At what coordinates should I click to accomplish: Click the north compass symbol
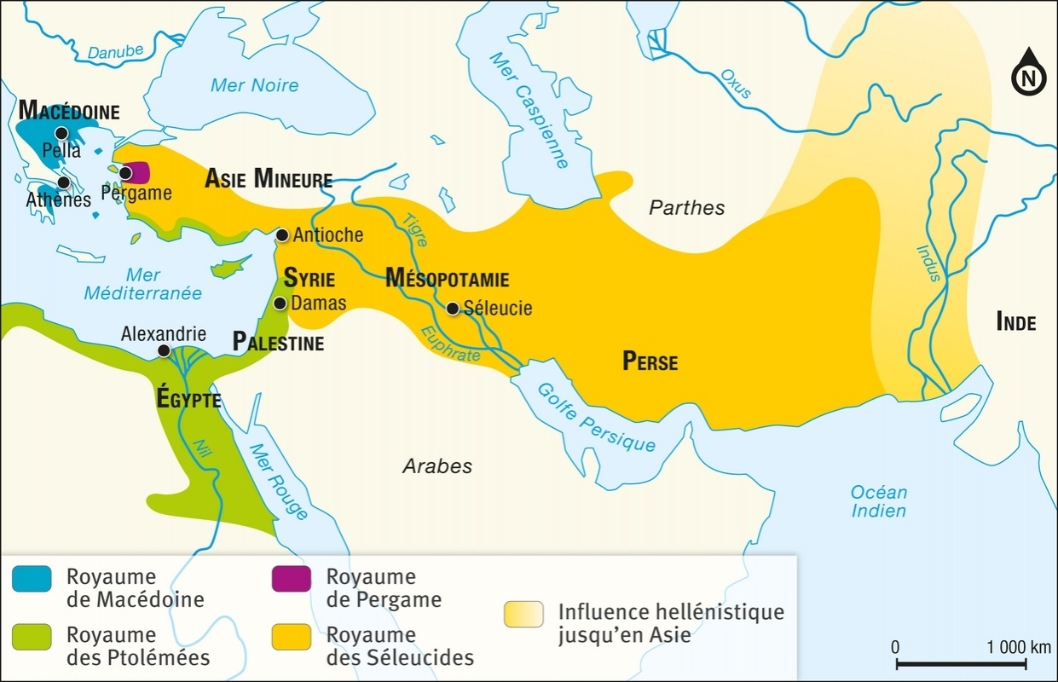(1028, 76)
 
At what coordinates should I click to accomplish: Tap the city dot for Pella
(61, 133)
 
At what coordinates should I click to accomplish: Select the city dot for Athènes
(63, 183)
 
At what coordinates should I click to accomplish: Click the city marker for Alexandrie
(163, 350)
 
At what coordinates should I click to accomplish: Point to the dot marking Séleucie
(453, 309)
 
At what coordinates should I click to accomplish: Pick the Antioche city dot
(282, 234)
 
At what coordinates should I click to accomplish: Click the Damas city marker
(280, 303)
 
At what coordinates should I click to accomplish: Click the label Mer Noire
(254, 84)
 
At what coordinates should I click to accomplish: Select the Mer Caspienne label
(529, 110)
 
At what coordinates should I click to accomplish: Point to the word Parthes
(686, 207)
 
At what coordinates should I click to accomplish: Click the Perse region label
(650, 361)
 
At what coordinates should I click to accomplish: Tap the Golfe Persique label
(596, 416)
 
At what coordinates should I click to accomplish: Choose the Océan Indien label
(878, 501)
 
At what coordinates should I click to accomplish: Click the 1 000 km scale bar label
(1018, 646)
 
